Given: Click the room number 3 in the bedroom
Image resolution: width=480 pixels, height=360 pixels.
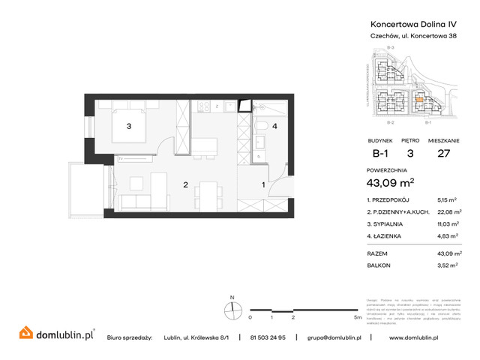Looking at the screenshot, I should coord(129,126).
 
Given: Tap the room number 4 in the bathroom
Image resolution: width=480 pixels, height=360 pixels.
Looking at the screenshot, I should coord(274,126).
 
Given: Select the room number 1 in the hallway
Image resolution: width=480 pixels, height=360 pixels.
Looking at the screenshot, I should coord(262,184).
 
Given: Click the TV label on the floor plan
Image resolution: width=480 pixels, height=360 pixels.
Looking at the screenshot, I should coord(119,158).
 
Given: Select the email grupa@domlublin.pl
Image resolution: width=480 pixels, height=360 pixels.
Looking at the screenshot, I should coord(334,337).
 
